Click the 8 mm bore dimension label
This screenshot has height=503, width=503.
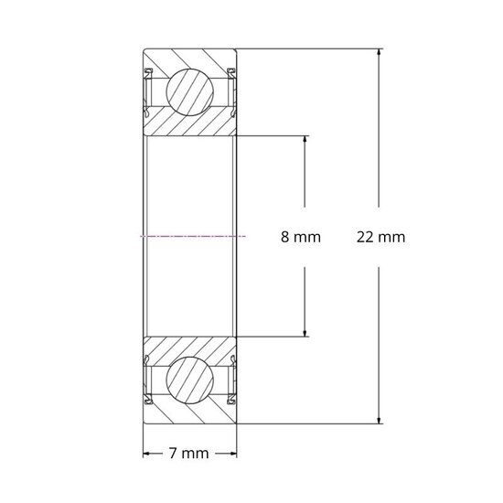[x=300, y=238]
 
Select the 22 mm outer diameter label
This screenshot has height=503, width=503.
[x=380, y=238]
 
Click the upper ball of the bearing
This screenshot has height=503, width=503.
[x=190, y=91]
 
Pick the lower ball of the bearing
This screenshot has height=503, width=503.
[x=190, y=380]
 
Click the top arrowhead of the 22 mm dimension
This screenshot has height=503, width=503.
[x=379, y=52]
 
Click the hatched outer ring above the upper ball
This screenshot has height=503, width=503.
[x=190, y=58]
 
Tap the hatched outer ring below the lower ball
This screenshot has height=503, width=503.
[x=190, y=413]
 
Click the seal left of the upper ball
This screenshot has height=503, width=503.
[x=147, y=91]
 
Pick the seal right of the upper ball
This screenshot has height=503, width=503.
[x=233, y=91]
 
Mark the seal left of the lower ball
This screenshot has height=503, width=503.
[x=147, y=380]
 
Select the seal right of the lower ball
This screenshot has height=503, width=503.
[x=233, y=380]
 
